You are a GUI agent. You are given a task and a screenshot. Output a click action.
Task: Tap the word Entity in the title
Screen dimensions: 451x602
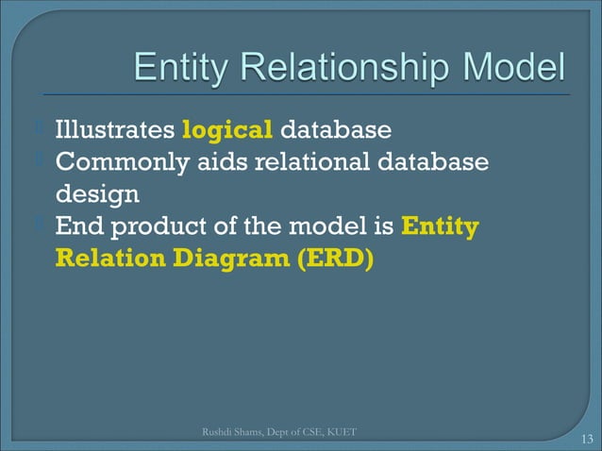181,68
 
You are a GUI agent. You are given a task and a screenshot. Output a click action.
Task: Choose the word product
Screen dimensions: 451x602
169,226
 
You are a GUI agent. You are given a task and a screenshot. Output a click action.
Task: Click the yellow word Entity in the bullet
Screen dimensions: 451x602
440,226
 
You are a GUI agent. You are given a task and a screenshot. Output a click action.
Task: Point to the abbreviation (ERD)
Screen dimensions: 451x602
335,259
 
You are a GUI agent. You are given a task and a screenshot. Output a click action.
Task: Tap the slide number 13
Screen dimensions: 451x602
586,438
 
